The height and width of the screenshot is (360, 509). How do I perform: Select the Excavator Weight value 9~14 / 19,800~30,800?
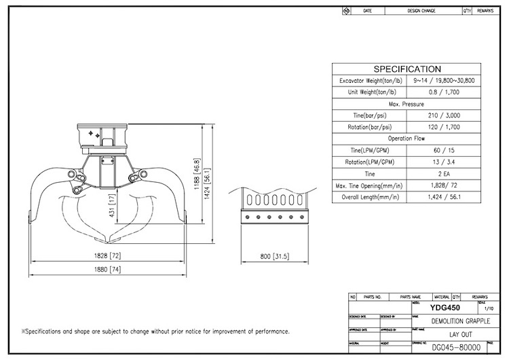[445, 81]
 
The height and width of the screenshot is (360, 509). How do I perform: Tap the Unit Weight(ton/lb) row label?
[369, 92]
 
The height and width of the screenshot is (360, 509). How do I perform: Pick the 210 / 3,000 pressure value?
[445, 115]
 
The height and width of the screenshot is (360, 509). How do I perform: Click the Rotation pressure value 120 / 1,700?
[445, 127]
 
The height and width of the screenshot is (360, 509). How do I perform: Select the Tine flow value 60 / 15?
[445, 150]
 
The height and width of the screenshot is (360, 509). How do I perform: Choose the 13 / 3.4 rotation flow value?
[445, 162]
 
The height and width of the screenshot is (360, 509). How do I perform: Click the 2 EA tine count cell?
[445, 173]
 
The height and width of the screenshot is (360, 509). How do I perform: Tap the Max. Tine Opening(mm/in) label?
[369, 185]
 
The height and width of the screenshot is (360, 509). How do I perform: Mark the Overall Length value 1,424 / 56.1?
[445, 197]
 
